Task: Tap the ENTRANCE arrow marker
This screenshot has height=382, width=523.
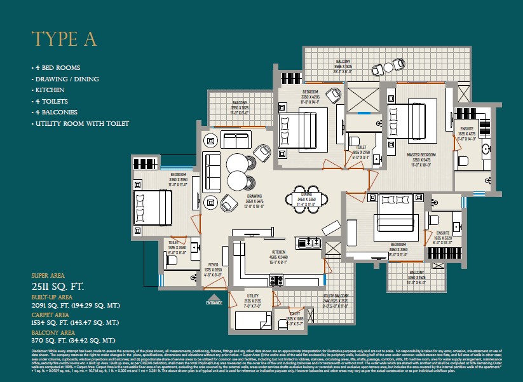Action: pos(215,298)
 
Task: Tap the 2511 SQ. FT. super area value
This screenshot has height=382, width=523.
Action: pos(58,287)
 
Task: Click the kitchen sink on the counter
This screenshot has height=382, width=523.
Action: pos(311,242)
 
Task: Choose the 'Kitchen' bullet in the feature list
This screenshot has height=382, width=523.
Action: pos(50,90)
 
